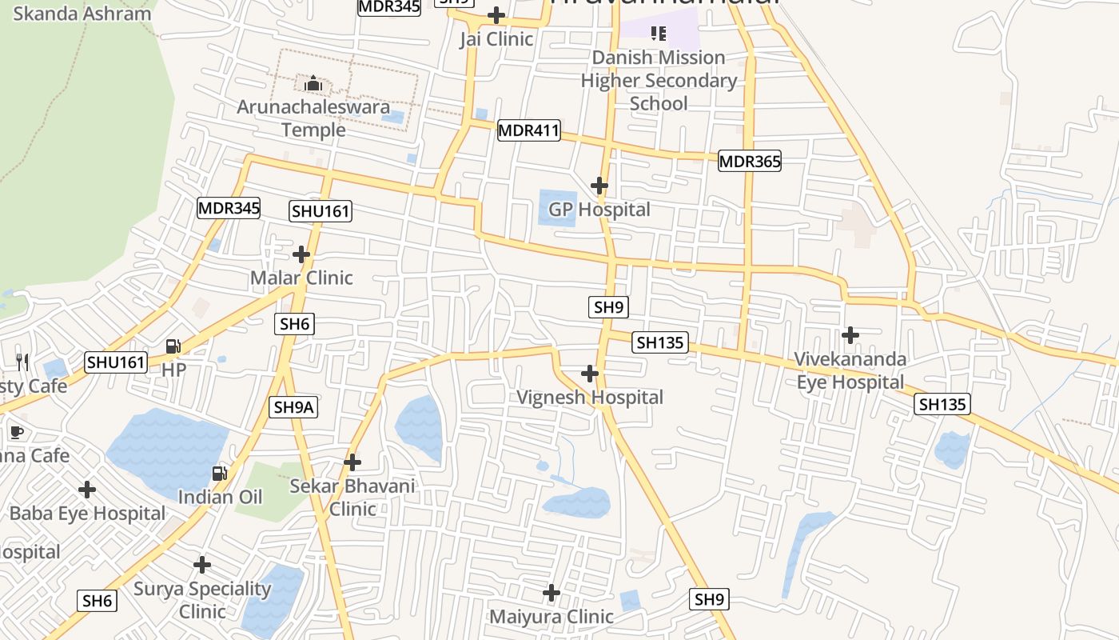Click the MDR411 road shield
click(528, 130)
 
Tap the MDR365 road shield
click(749, 161)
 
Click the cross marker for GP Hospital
click(599, 186)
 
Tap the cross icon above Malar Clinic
click(301, 254)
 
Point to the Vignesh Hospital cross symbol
click(590, 374)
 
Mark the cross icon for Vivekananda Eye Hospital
click(850, 334)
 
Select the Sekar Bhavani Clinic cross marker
click(352, 462)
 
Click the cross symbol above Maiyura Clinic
click(552, 593)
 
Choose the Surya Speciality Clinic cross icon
click(202, 565)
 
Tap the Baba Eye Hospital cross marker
click(87, 489)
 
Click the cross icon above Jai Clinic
click(496, 14)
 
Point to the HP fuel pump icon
click(173, 346)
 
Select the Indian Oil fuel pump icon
click(219, 474)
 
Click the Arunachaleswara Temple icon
click(313, 82)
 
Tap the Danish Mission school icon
click(659, 33)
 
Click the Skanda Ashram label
click(82, 14)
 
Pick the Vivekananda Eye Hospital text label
click(850, 370)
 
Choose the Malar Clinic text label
click(301, 278)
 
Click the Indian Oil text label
click(220, 497)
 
